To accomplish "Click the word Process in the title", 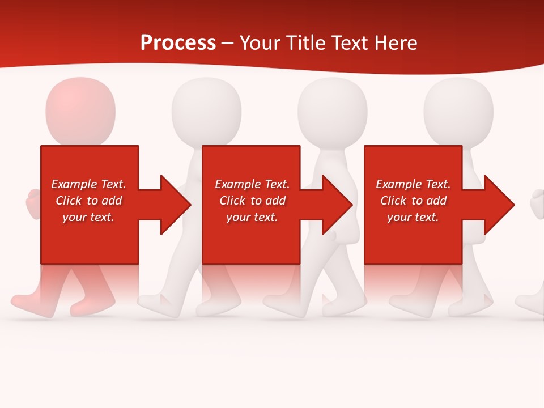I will (x=178, y=43).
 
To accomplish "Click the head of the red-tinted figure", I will (x=80, y=110).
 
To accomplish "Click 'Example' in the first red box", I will (x=74, y=184).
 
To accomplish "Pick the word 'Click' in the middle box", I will (x=232, y=201).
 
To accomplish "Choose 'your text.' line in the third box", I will (x=413, y=217).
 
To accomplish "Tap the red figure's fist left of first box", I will (x=33, y=203).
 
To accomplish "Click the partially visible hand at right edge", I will (x=537, y=203).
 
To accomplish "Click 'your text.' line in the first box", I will (x=88, y=217).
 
